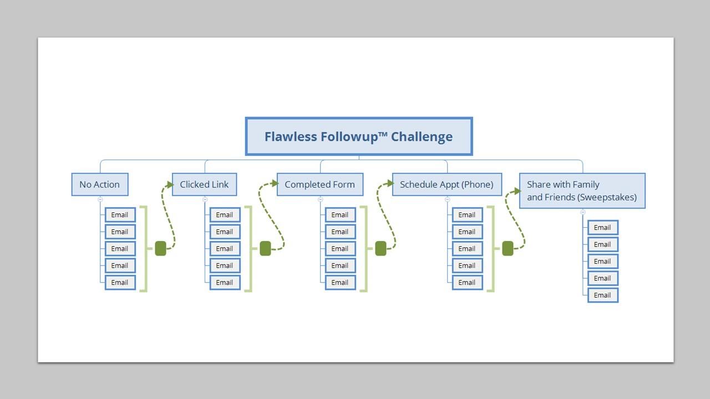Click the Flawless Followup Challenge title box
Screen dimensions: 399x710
click(x=358, y=136)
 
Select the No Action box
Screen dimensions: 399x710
click(x=100, y=185)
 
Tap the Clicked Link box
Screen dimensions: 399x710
click(x=204, y=185)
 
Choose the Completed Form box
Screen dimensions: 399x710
click(x=320, y=185)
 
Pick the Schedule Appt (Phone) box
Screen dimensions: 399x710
click(x=447, y=185)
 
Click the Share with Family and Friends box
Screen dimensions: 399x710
click(x=582, y=191)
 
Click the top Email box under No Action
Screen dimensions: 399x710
click(x=120, y=215)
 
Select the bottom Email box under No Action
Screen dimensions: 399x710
click(x=120, y=283)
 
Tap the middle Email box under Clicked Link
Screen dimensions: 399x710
click(x=225, y=249)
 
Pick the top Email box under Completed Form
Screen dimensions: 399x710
click(x=340, y=215)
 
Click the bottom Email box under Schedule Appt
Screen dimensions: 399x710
click(x=467, y=283)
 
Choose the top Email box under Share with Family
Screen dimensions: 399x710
click(x=602, y=228)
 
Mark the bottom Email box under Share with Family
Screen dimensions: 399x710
click(x=602, y=295)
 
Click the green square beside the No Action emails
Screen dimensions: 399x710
click(x=160, y=249)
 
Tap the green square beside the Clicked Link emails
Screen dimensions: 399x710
click(x=265, y=249)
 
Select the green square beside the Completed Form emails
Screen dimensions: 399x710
click(x=381, y=249)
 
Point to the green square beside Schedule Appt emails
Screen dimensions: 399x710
click(x=508, y=249)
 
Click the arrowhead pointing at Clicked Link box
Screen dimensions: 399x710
click(x=170, y=184)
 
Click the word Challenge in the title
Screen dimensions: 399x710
click(x=422, y=136)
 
